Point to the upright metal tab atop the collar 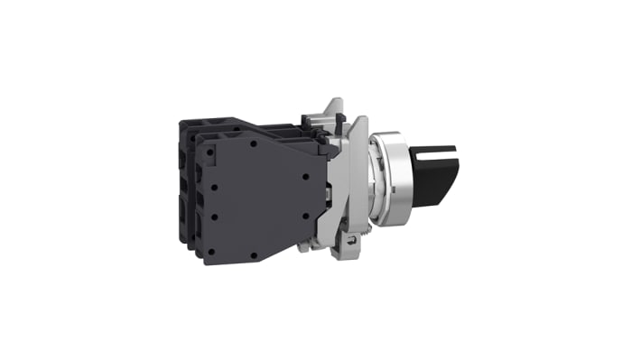pyautogui.click(x=335, y=108)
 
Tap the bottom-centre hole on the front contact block pyautogui.click(x=254, y=256)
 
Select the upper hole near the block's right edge pyautogui.click(x=304, y=177)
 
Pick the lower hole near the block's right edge pyautogui.click(x=305, y=217)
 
